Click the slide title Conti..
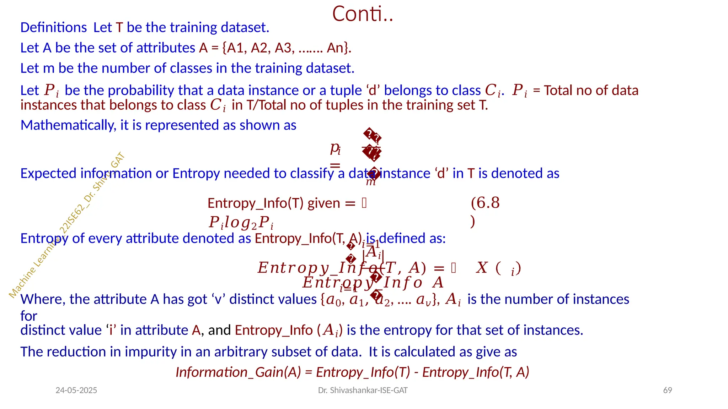pos(362,14)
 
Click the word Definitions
pos(53,28)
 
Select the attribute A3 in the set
pos(283,48)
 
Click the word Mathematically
pos(68,125)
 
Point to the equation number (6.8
pos(485,203)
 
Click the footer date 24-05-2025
pos(76,390)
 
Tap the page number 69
pos(668,390)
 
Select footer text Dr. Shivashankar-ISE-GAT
pos(363,390)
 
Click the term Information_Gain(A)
pos(238,372)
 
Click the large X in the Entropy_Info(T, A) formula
pos(482,268)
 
